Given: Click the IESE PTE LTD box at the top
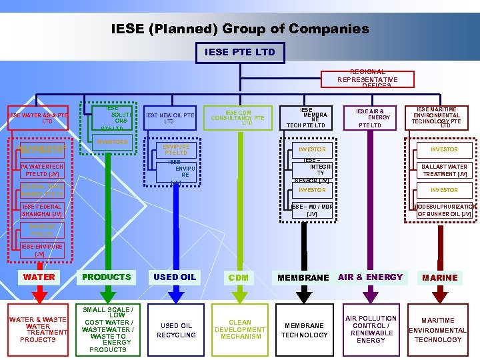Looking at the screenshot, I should click(x=239, y=52).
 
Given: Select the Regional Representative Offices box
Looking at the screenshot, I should click(x=367, y=79).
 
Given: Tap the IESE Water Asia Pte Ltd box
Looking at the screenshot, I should click(x=38, y=118).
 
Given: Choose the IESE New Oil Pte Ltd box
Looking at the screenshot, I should click(x=170, y=118).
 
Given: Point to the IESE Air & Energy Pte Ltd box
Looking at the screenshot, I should click(x=370, y=118).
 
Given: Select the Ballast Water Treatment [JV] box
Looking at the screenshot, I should click(x=443, y=170).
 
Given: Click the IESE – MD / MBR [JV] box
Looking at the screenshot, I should click(x=311, y=210).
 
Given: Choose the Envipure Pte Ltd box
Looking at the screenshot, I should click(x=176, y=149).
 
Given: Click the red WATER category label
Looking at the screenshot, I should click(x=39, y=277).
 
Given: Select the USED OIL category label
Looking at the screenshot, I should click(x=174, y=277).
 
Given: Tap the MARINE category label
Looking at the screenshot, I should click(x=439, y=277).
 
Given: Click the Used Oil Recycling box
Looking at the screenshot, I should click(x=175, y=330).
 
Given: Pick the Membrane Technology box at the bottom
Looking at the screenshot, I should click(x=304, y=330).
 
